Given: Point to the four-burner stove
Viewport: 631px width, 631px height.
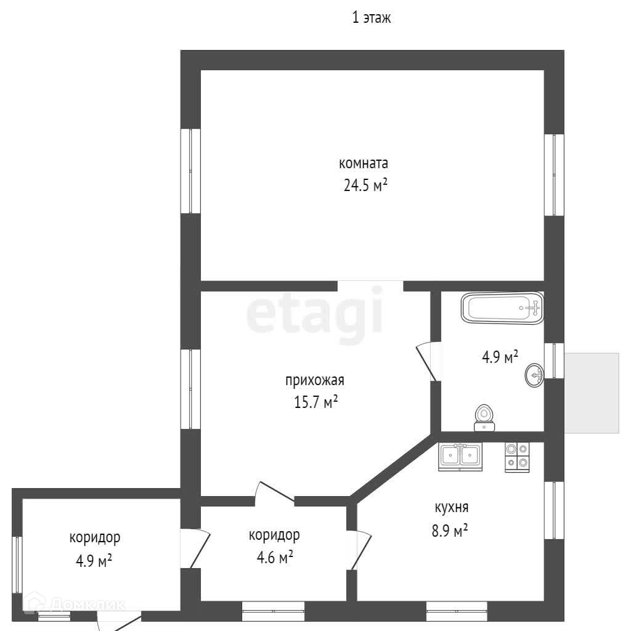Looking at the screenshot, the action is [x=516, y=457].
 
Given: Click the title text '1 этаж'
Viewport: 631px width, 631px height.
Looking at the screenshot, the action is [x=371, y=18].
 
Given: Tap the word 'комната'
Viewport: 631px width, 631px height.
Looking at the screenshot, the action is [x=364, y=164].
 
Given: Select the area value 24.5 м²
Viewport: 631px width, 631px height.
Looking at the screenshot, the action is [x=365, y=185].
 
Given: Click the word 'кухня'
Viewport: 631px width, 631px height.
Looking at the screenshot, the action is [x=452, y=508].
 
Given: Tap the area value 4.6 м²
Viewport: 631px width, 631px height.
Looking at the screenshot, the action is [x=274, y=557].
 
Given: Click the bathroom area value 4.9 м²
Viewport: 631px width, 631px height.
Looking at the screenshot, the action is [x=499, y=357].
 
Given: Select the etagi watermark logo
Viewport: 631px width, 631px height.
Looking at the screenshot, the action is [x=315, y=314].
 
